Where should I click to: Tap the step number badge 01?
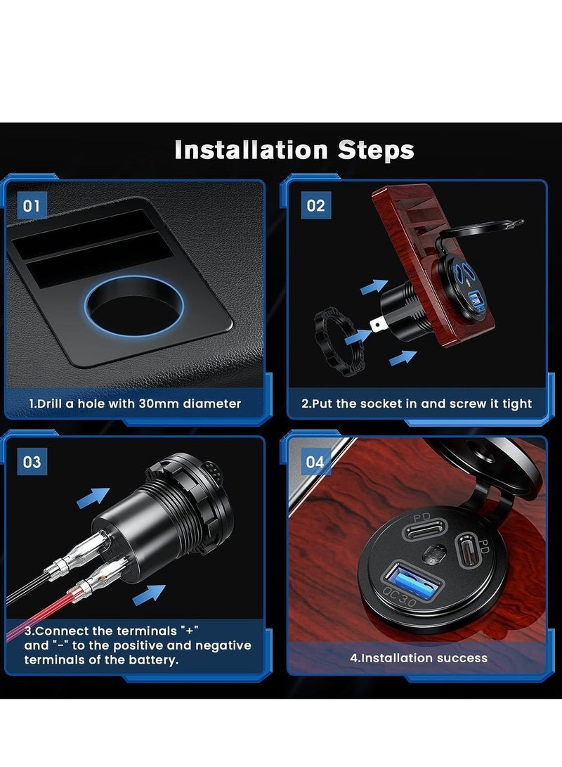(x=32, y=206)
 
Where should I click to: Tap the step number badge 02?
(x=316, y=206)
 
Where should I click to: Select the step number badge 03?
(x=32, y=462)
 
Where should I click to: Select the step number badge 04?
(x=316, y=462)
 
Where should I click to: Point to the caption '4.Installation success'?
(x=419, y=659)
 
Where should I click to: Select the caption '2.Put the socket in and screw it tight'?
(x=417, y=404)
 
